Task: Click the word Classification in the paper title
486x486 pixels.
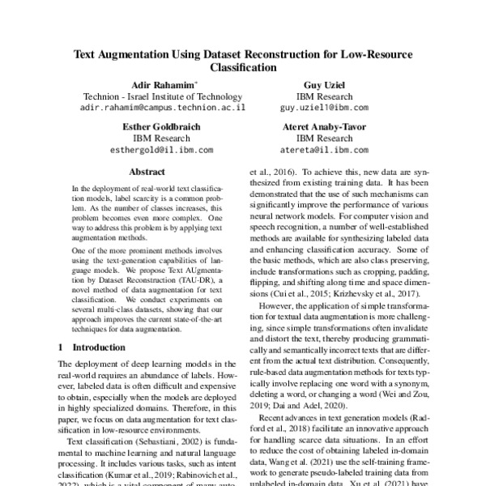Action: pyautogui.click(x=243, y=69)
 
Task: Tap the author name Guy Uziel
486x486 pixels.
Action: pyautogui.click(x=324, y=84)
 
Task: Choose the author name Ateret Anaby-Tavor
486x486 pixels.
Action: pyautogui.click(x=324, y=127)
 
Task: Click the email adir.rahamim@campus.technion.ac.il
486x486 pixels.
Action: pyautogui.click(x=162, y=107)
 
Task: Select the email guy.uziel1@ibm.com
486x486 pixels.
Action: pyautogui.click(x=324, y=107)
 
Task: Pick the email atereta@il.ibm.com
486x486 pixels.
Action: pyautogui.click(x=324, y=150)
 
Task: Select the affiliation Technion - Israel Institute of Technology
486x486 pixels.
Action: pyautogui.click(x=162, y=96)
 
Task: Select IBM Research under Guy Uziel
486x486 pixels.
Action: pyautogui.click(x=324, y=96)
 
